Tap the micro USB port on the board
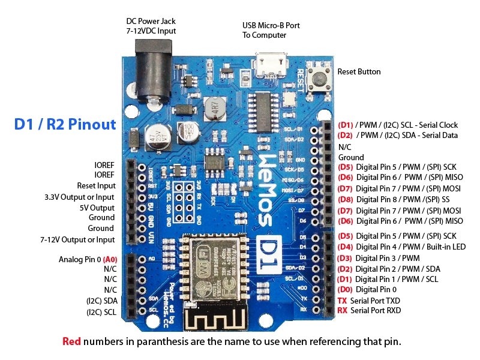point(271,62)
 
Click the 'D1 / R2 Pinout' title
point(65,124)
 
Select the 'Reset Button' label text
point(359,71)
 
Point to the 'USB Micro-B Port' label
point(271,25)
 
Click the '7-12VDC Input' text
point(151,30)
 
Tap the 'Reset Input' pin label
point(96,185)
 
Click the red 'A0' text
point(110,259)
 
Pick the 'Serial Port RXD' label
point(376,310)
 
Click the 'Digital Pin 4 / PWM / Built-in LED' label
point(410,247)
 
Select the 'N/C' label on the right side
point(344,146)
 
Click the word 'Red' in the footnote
point(72,341)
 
